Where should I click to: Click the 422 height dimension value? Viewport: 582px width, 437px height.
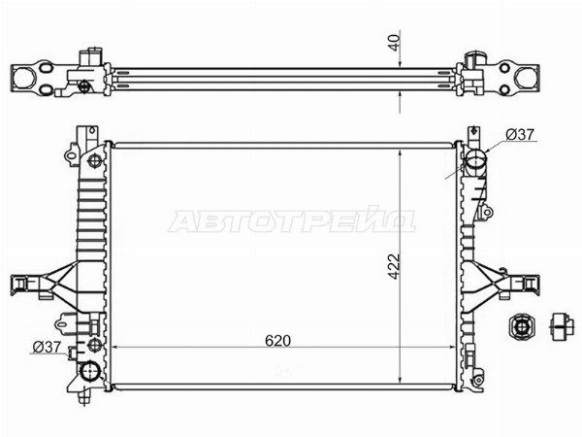pyautogui.click(x=394, y=266)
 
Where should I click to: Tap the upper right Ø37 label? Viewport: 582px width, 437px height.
pyautogui.click(x=520, y=134)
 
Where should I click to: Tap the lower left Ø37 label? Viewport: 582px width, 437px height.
pyautogui.click(x=47, y=347)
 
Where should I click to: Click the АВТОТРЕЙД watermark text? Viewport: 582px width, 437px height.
pyautogui.click(x=292, y=220)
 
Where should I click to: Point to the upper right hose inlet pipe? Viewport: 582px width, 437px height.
pyautogui.click(x=475, y=162)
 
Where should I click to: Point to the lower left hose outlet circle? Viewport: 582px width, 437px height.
pyautogui.click(x=90, y=371)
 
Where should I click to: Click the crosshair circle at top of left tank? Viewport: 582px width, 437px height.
pyautogui.click(x=93, y=161)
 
